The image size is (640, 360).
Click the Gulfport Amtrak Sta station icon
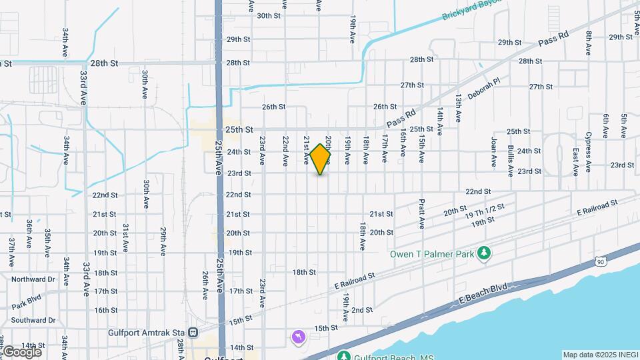tap(193, 332)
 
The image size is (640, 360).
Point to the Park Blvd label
tap(27, 299)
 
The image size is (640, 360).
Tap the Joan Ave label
tap(494, 152)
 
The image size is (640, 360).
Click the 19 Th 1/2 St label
tap(490, 211)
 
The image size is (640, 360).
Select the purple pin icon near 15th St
tap(297, 338)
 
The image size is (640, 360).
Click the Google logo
tap(21, 351)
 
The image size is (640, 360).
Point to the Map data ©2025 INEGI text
tap(600, 355)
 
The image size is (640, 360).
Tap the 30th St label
tap(269, 15)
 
